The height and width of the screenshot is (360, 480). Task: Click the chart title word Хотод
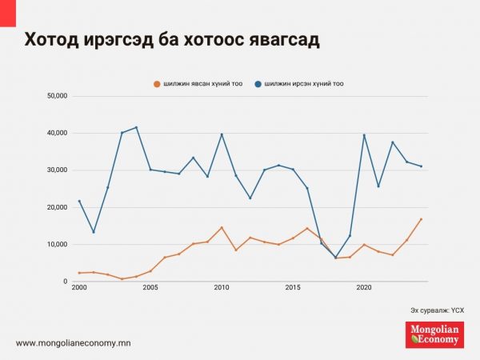click(x=52, y=40)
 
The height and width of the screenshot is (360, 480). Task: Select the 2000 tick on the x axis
click(x=79, y=288)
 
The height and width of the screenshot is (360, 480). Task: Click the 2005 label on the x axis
click(x=150, y=288)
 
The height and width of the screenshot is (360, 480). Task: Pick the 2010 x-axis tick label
click(x=222, y=288)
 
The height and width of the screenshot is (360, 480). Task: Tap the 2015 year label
click(x=293, y=288)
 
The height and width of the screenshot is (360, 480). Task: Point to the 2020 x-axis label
click(x=364, y=288)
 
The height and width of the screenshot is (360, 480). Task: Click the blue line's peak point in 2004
click(x=136, y=127)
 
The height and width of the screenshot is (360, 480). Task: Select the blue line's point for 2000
click(x=79, y=201)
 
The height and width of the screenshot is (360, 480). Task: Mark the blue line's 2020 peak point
click(x=364, y=135)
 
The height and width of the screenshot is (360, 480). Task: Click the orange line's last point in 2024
click(x=421, y=219)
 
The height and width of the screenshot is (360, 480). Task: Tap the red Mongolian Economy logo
click(x=434, y=334)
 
